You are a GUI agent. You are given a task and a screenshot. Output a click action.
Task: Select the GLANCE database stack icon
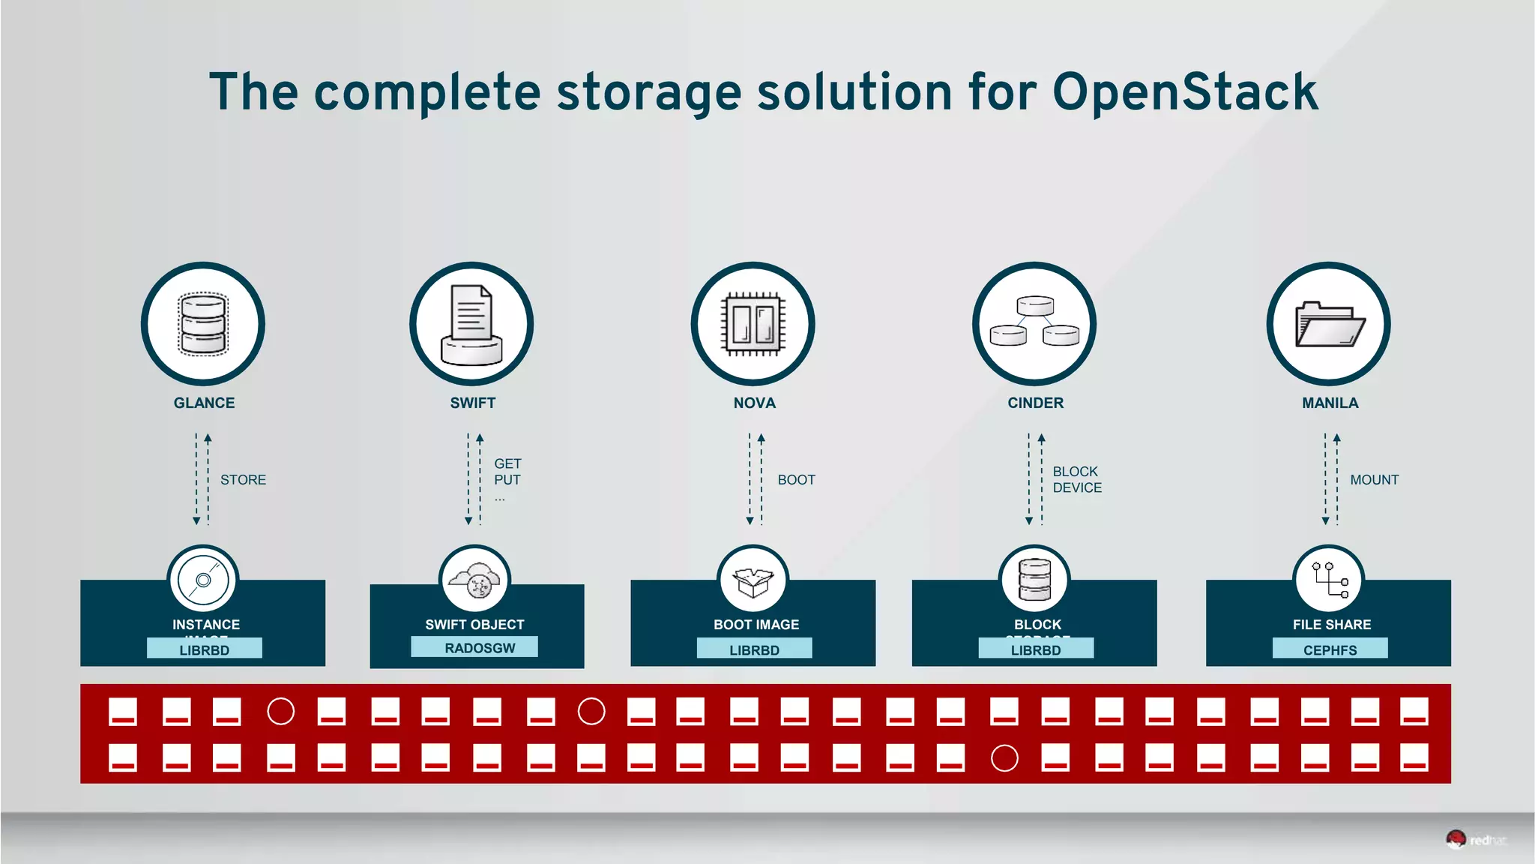(x=203, y=324)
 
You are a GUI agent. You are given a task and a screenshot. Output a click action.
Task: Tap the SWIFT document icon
(x=471, y=324)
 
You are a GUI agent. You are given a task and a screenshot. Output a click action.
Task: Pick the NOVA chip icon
(x=753, y=324)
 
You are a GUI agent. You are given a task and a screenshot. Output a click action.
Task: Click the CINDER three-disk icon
(x=1034, y=324)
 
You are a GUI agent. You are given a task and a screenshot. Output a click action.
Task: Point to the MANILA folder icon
(x=1329, y=324)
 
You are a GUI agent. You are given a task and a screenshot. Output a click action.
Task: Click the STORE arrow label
(x=243, y=480)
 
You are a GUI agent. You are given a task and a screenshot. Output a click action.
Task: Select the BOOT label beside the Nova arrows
(x=796, y=480)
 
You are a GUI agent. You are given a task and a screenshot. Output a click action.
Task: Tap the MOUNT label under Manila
(x=1374, y=480)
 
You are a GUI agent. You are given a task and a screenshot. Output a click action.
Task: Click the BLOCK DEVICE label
(x=1077, y=480)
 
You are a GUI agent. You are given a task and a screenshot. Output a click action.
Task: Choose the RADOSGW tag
(x=480, y=648)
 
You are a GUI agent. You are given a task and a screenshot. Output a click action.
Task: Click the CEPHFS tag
(x=1330, y=650)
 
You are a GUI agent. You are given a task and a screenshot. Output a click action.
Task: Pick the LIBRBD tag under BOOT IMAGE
(x=754, y=650)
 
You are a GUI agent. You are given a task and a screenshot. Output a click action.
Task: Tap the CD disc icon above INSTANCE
(x=203, y=580)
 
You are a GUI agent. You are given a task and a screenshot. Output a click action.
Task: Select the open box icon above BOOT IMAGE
(x=753, y=581)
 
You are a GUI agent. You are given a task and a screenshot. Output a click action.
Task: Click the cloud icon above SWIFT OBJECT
(x=474, y=581)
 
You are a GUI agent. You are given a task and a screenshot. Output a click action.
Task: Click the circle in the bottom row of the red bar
(x=1004, y=758)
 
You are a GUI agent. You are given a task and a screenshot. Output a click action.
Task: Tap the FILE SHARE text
(x=1332, y=625)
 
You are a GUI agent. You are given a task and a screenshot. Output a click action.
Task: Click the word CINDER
(x=1035, y=403)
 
